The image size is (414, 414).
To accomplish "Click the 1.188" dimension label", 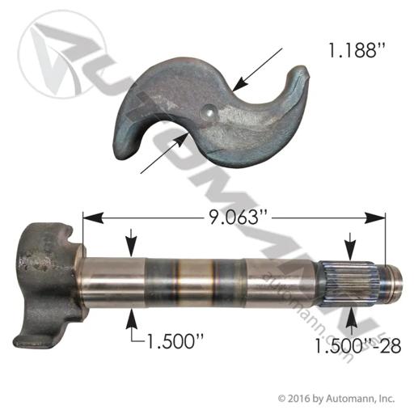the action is pos(354,50).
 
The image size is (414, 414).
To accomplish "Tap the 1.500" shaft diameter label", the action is pos(174,340).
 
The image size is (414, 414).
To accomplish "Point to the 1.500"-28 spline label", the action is pos(357,345).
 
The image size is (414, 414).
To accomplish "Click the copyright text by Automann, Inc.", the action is pos(336,399).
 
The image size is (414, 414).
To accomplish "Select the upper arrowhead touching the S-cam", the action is pos(239,84).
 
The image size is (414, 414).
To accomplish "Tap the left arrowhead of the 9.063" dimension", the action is pos(93,218).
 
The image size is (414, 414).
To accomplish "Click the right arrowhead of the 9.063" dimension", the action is pos(375,218).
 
